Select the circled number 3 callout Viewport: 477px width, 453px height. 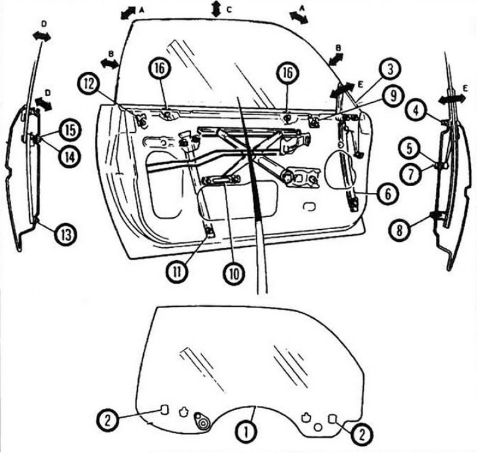click(391, 69)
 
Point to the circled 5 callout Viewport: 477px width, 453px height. click(410, 149)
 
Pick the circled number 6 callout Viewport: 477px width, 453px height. click(388, 194)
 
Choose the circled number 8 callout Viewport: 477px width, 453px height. click(399, 230)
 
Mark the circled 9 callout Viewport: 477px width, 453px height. click(393, 96)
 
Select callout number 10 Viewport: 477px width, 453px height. click(234, 274)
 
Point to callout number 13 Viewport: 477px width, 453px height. click(66, 235)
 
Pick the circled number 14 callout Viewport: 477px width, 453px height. click(70, 156)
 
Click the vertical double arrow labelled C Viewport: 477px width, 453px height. click(216, 8)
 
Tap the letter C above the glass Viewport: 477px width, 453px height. click(229, 10)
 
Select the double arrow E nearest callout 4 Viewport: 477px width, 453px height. click(452, 98)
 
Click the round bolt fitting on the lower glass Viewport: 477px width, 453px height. click(202, 422)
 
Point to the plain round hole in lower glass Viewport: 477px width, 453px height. click(318, 427)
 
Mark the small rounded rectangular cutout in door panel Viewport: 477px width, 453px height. click(310, 207)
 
